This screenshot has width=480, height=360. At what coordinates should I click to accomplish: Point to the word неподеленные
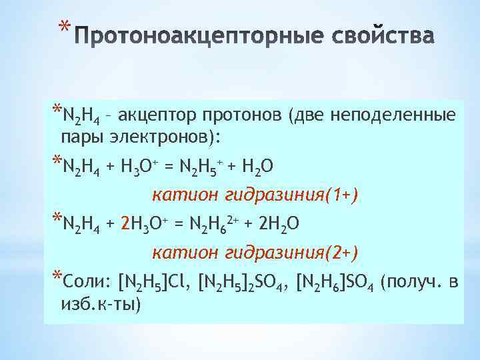pyautogui.click(x=401, y=117)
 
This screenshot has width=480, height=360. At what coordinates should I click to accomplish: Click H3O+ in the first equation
pyautogui.click(x=142, y=165)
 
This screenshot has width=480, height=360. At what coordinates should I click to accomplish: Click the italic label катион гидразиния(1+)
pyautogui.click(x=255, y=195)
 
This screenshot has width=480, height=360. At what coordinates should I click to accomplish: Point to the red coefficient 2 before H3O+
pyautogui.click(x=125, y=224)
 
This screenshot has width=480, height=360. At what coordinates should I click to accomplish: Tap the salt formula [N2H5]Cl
pyautogui.click(x=154, y=283)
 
